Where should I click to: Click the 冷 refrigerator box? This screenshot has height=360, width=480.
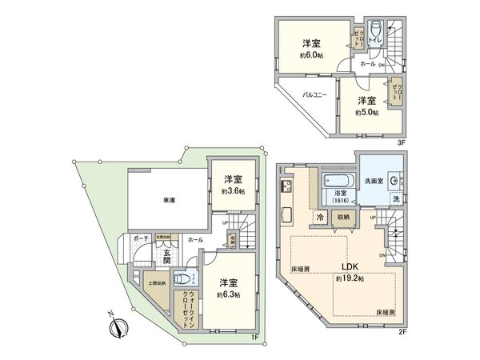(x=319, y=215)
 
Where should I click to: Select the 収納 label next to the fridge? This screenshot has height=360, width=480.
(x=343, y=215)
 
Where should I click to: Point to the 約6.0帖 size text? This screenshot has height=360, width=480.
(x=312, y=55)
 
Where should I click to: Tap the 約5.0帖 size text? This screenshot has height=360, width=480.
(x=366, y=112)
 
